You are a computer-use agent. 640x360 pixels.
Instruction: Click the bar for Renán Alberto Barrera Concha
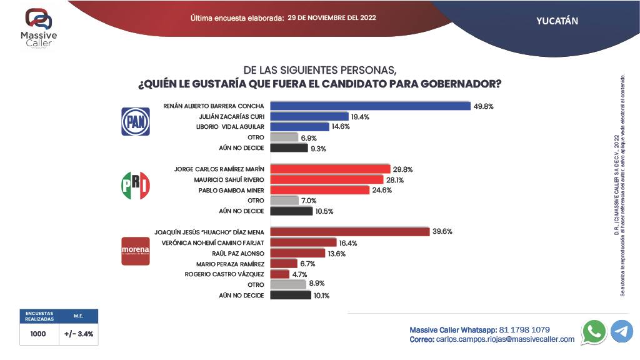tap(370, 106)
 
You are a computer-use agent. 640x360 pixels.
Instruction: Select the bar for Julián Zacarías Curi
tap(309, 116)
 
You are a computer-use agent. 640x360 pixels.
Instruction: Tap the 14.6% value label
tap(341, 127)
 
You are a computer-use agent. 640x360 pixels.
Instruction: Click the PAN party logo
tap(135, 121)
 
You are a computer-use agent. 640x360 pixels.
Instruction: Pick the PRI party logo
tap(135, 186)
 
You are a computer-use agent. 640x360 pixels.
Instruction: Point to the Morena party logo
tap(135, 251)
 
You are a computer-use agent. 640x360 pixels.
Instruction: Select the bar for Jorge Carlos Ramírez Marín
tap(330, 169)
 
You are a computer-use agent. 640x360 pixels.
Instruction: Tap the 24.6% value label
tap(382, 190)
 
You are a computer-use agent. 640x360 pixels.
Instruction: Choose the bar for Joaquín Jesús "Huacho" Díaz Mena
tap(350, 232)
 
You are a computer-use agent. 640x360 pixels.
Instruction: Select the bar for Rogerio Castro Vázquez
tap(280, 274)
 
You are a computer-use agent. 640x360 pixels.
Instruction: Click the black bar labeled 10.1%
tap(291, 295)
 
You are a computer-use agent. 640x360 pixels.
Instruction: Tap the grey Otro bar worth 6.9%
tap(284, 137)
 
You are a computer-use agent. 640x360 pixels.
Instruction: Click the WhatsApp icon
tap(593, 331)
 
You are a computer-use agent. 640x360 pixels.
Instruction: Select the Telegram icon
tap(621, 331)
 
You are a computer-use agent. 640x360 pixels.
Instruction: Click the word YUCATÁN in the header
tap(557, 21)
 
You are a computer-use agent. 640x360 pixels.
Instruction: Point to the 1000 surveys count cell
tap(39, 334)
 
